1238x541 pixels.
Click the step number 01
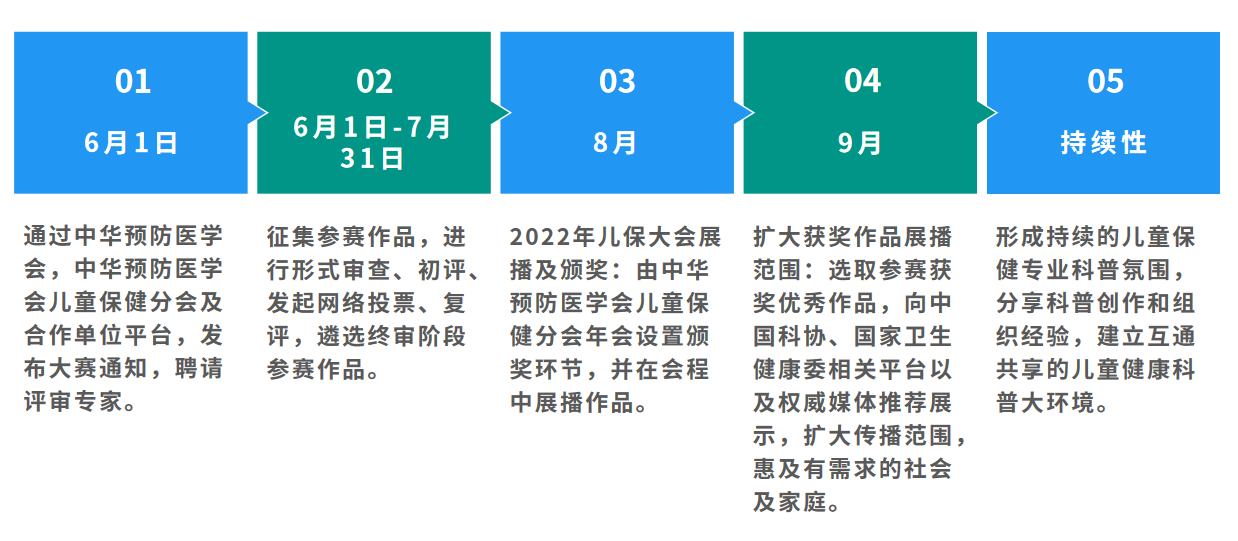coord(133,81)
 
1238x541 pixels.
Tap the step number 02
coord(374,81)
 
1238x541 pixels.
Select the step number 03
coord(617,81)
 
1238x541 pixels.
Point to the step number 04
coord(862,81)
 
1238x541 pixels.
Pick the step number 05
coord(1105,81)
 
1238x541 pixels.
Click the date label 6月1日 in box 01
coord(131,143)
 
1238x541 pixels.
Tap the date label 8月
coord(615,143)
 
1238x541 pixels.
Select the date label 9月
coord(859,143)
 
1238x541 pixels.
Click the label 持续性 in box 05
coord(1104,143)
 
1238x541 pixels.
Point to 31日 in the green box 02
coord(372,158)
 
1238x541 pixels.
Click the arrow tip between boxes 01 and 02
coord(267,113)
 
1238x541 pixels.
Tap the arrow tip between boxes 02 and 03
coord(511,113)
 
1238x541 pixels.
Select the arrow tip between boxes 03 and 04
coord(754,113)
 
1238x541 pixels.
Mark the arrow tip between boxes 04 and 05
coord(997,113)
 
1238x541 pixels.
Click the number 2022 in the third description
coord(540,238)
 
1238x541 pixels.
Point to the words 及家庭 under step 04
coord(790,502)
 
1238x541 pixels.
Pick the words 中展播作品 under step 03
coord(571,402)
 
